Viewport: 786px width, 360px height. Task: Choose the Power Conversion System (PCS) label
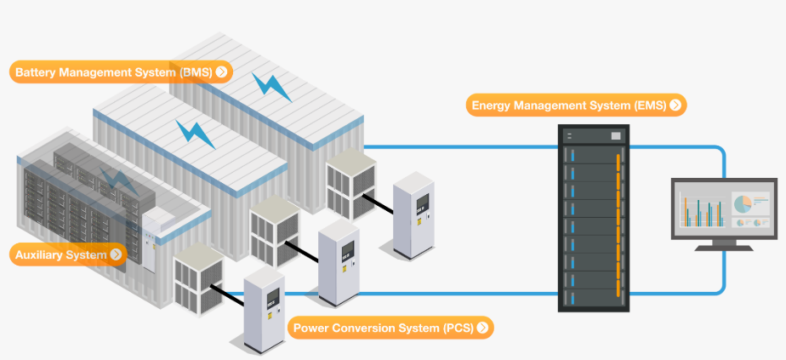(390, 327)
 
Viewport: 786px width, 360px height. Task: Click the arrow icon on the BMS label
(221, 72)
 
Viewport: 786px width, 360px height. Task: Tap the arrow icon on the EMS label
(675, 106)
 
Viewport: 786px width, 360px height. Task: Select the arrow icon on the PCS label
(482, 327)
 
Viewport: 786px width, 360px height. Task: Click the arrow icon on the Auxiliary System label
(117, 254)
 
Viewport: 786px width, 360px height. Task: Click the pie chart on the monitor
(741, 203)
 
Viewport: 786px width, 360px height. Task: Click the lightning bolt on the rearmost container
(274, 87)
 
